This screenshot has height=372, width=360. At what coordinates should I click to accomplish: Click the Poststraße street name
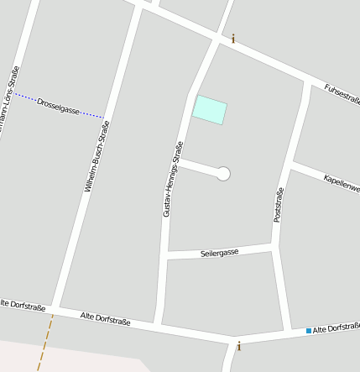click(279, 205)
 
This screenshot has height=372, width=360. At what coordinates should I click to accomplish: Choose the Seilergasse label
click(220, 252)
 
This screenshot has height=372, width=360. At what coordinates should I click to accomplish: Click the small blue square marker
click(309, 331)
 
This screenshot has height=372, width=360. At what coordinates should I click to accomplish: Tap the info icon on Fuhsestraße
click(233, 38)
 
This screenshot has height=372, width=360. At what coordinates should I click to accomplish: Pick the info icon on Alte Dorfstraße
click(239, 345)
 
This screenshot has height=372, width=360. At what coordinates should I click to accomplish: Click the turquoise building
click(210, 110)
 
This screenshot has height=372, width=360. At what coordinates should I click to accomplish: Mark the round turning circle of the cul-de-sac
click(223, 174)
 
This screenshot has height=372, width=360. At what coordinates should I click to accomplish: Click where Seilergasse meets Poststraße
click(274, 246)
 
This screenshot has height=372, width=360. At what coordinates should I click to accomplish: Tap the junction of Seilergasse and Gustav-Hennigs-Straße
click(166, 255)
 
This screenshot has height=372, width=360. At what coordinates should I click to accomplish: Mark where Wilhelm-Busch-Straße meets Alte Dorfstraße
click(55, 307)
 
